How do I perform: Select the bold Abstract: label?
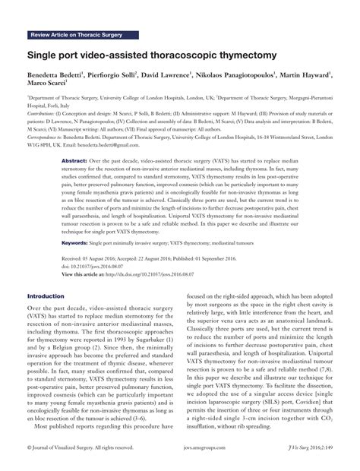[74, 162]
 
